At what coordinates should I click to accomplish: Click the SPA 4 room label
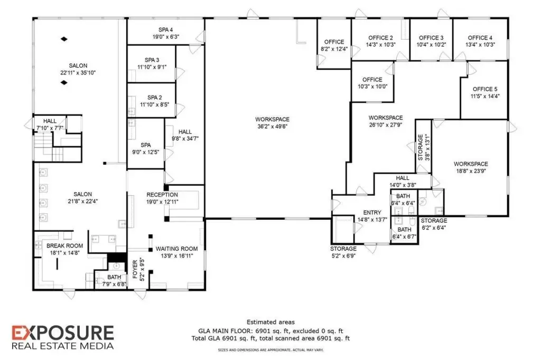[165, 30]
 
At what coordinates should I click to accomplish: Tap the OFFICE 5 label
[485, 89]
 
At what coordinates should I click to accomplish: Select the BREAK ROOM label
[64, 246]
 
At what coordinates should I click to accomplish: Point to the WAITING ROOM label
[176, 249]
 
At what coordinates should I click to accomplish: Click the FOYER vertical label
[135, 269]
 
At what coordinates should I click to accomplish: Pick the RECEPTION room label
[162, 195]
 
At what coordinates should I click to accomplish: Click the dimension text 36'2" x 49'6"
[272, 127]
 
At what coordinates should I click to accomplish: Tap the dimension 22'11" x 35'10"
[78, 73]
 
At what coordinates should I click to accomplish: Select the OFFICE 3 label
[431, 38]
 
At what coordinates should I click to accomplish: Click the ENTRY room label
[372, 213]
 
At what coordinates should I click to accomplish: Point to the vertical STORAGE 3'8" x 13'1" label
[424, 148]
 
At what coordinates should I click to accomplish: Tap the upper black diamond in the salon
[64, 39]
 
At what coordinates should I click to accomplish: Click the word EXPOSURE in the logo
[63, 333]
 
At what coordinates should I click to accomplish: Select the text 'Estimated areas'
[270, 322]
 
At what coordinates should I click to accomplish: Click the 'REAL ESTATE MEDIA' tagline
[63, 346]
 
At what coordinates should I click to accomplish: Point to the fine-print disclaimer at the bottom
[270, 350]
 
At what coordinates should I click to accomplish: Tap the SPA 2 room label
[155, 98]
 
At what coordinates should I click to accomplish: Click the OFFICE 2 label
[380, 38]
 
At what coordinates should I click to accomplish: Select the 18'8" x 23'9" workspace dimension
[471, 170]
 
